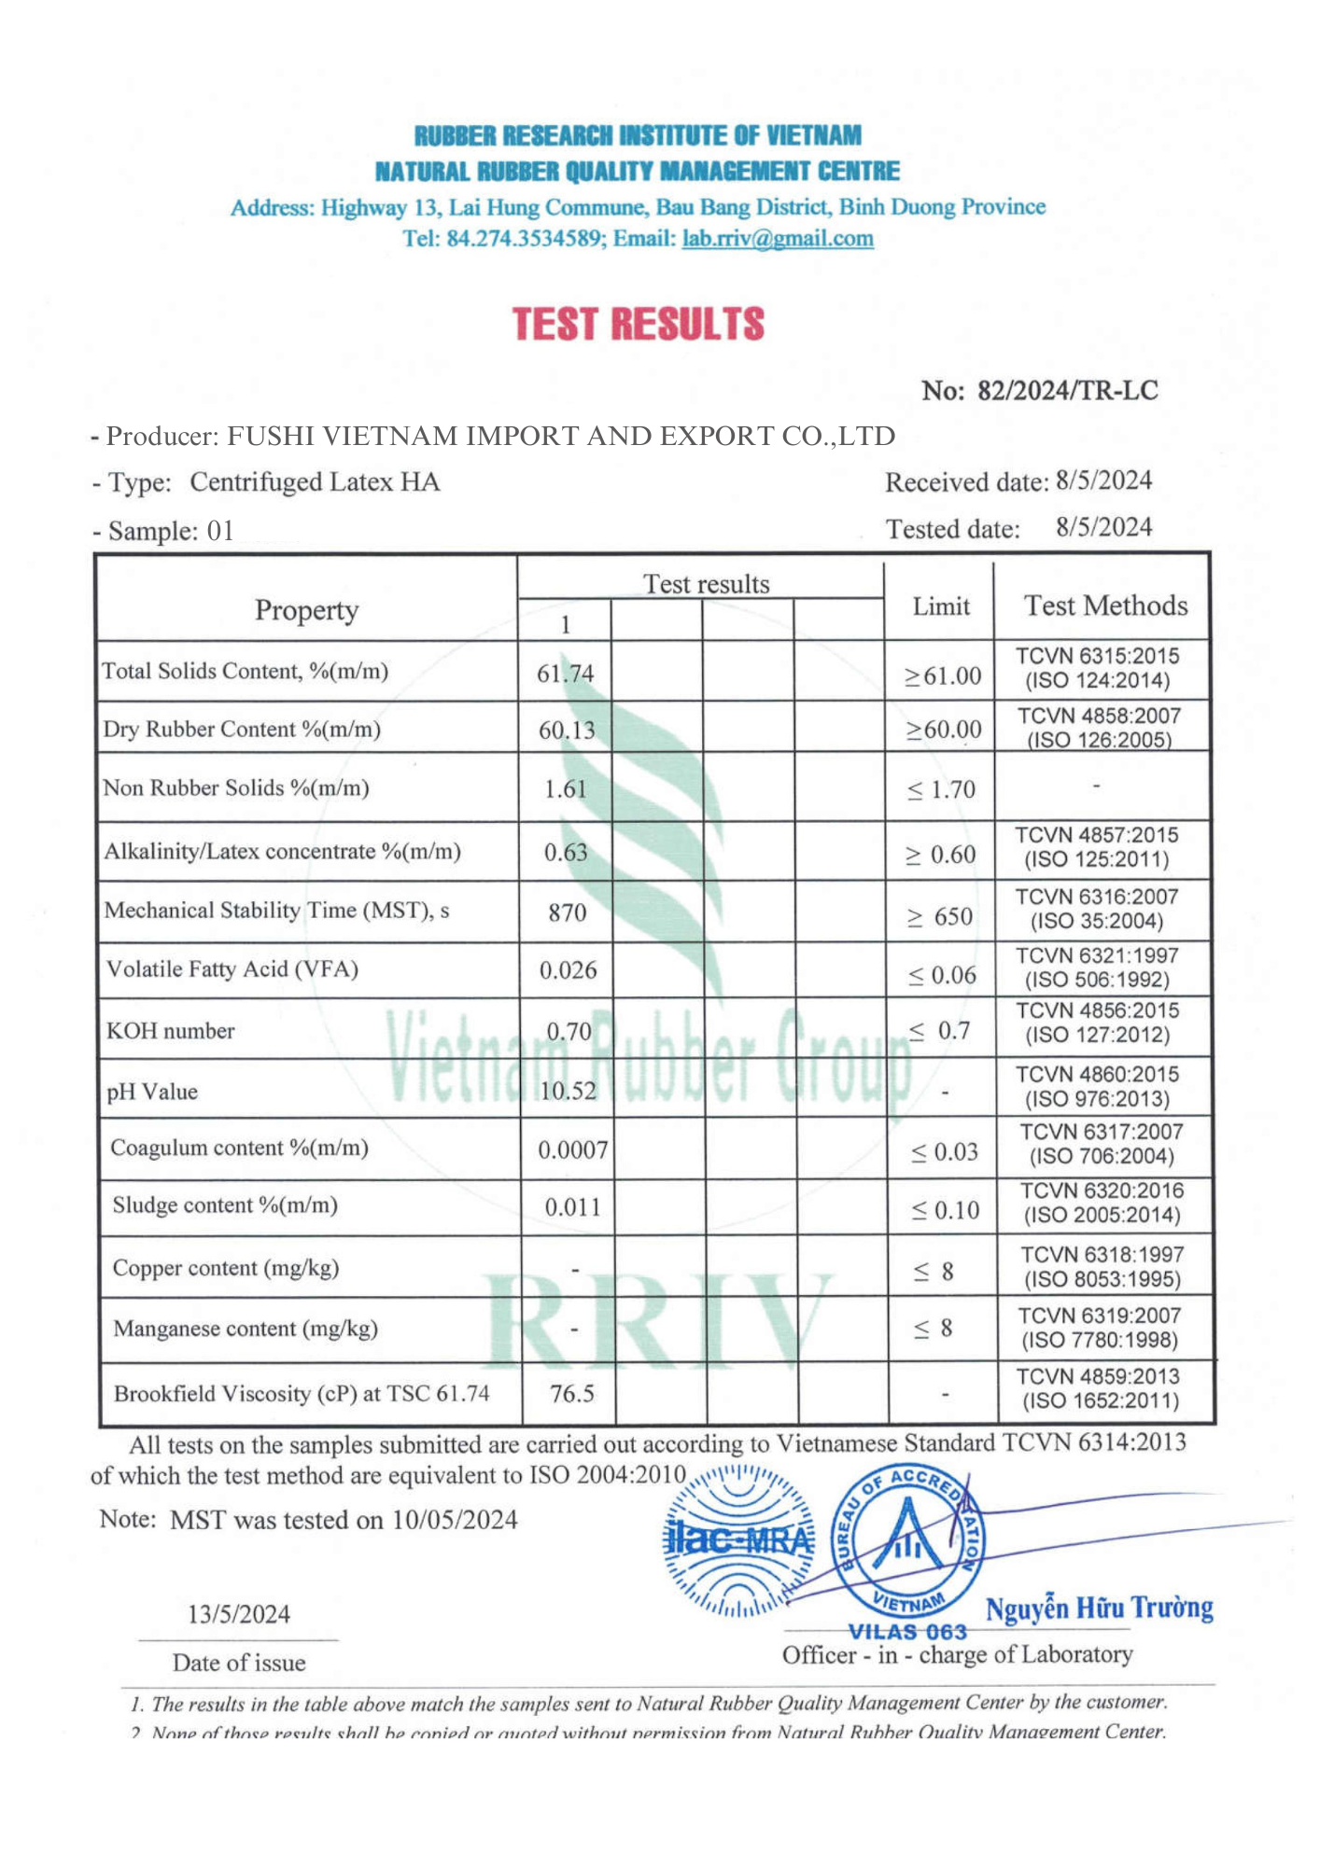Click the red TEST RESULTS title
[639, 324]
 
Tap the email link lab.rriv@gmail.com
[778, 239]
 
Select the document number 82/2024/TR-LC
[1067, 391]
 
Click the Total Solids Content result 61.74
[565, 674]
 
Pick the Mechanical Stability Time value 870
[567, 912]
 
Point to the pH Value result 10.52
[568, 1091]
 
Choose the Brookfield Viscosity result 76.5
[571, 1394]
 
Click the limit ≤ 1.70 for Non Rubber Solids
[941, 790]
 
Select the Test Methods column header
[1105, 606]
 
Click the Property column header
[306, 610]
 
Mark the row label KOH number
[170, 1031]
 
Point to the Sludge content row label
[224, 1205]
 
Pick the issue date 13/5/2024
[239, 1614]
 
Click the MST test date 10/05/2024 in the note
[454, 1520]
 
